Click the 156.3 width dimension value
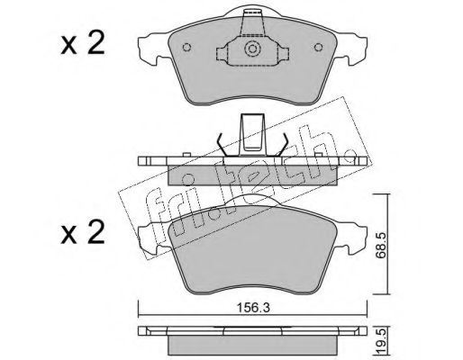coord(253,308)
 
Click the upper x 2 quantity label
coord(83,44)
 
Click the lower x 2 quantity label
coord(83,231)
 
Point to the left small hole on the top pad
coord(186,48)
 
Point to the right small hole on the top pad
coord(318,48)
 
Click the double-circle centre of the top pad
coord(252,49)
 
